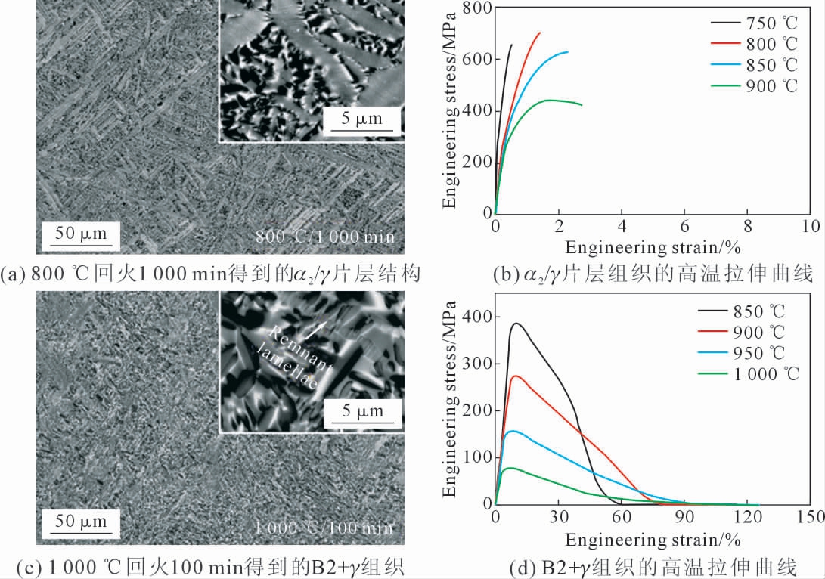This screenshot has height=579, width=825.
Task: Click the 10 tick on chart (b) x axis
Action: click(x=810, y=226)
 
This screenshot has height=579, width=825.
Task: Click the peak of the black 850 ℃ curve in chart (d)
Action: click(x=517, y=324)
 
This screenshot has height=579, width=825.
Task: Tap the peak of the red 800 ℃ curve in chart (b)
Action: click(x=539, y=33)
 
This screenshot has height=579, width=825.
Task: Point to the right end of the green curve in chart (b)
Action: click(x=582, y=104)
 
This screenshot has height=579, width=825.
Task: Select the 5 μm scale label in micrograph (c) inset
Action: click(x=360, y=413)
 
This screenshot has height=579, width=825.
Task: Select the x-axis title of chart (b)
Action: click(x=651, y=247)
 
